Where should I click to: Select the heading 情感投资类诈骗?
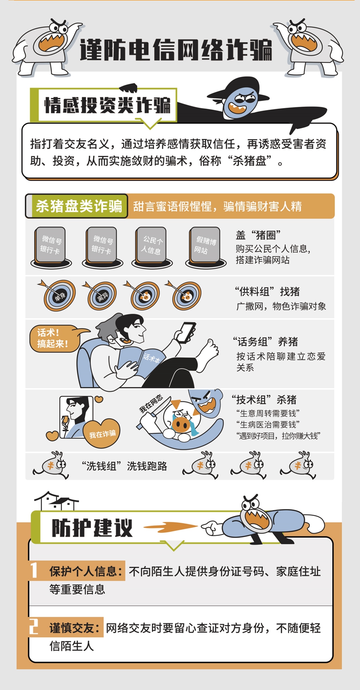click(x=107, y=105)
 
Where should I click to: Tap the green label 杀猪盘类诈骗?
click(x=79, y=206)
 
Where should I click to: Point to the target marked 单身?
click(x=59, y=295)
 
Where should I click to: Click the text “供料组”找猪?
click(x=267, y=291)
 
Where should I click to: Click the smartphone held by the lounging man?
click(x=185, y=332)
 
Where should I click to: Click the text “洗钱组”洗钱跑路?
click(x=124, y=466)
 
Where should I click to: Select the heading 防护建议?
click(x=92, y=528)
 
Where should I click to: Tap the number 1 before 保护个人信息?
click(x=34, y=570)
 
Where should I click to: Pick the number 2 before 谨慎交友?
click(x=34, y=627)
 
